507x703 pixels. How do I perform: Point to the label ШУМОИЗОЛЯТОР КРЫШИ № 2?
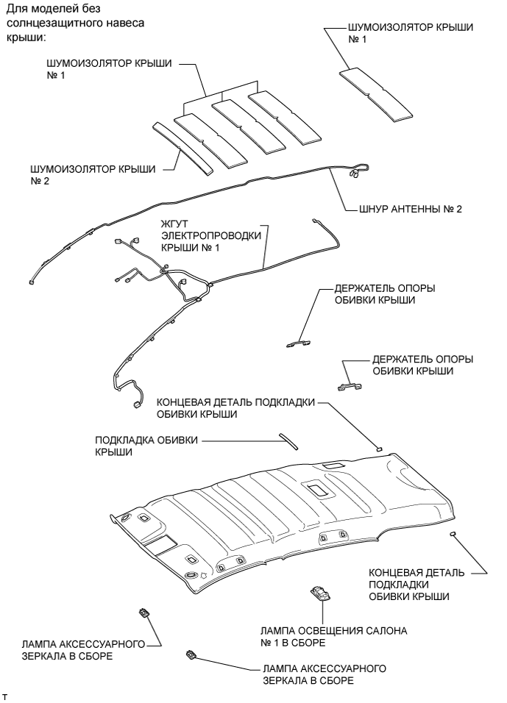coord(91,174)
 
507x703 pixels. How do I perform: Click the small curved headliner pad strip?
coord(288,439)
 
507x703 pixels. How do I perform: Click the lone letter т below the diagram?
coord(5,693)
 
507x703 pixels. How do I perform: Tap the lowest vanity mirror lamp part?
coord(191,654)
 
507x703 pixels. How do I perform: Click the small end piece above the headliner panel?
coord(379,446)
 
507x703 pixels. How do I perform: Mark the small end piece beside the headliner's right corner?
coord(455,535)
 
